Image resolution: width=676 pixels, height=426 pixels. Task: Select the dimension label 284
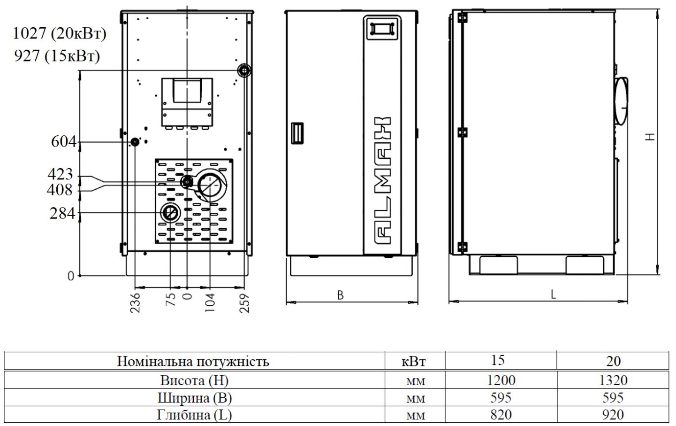coord(62,213)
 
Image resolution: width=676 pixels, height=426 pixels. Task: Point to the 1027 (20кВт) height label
coord(60,33)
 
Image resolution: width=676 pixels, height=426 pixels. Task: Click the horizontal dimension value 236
coord(135,303)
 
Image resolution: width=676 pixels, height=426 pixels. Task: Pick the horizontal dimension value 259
coord(244,303)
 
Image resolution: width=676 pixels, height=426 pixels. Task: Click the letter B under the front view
coord(341,295)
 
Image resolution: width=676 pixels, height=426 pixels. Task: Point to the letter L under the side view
coord(554,294)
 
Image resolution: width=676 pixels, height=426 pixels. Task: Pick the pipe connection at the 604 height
coord(135,142)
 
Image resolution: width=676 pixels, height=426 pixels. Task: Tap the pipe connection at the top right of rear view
coord(244,71)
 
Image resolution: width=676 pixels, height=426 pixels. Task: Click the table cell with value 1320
coord(613,380)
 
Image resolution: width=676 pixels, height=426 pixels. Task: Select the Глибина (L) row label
coord(194,415)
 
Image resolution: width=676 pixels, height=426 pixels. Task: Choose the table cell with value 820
coord(500,415)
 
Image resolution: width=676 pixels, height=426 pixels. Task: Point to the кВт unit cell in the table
coord(414,362)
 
